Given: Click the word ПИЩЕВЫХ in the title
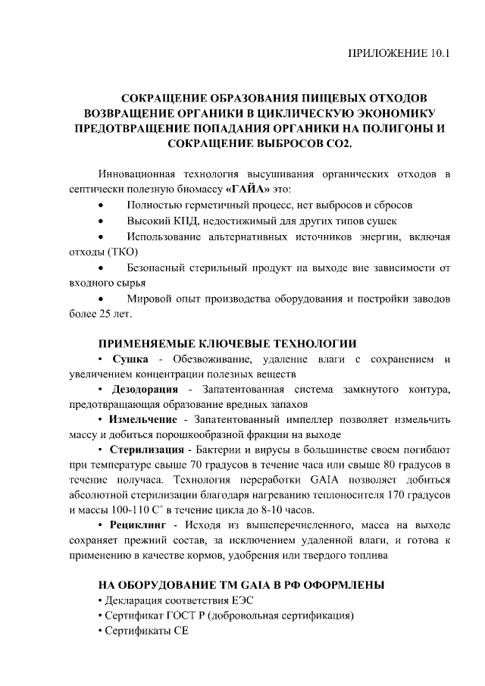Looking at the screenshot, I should pos(337,98).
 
